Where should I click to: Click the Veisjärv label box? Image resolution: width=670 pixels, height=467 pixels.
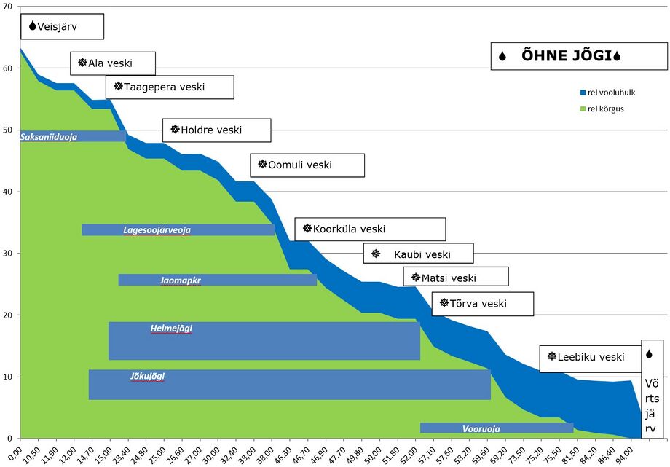(62, 27)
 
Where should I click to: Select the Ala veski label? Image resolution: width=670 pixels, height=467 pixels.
(113, 63)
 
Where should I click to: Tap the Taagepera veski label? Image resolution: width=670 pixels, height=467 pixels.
(170, 87)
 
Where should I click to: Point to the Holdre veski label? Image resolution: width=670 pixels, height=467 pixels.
(216, 130)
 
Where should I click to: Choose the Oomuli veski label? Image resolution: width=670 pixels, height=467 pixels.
(307, 165)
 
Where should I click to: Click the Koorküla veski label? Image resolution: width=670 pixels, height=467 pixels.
(369, 229)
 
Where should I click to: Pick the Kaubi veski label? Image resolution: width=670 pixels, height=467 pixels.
(418, 254)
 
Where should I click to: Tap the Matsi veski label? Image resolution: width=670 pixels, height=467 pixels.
(455, 278)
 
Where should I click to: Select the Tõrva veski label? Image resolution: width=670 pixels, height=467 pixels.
(482, 304)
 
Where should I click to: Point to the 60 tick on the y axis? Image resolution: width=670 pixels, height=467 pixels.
(7, 68)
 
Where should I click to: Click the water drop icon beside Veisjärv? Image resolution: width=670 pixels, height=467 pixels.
(32, 26)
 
